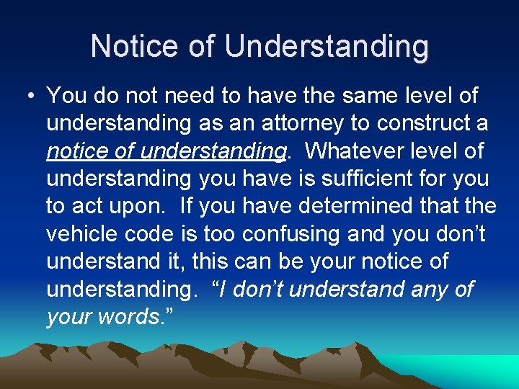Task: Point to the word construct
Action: click(421, 123)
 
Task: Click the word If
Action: click(187, 205)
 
